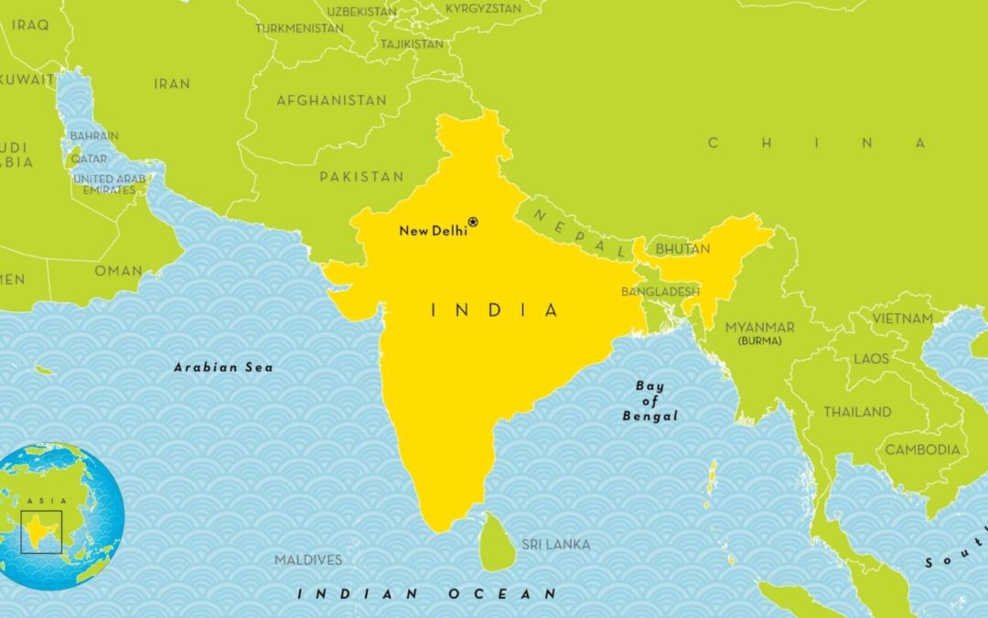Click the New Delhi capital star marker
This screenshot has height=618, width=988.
(x=473, y=222)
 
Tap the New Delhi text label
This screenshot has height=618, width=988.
(x=433, y=231)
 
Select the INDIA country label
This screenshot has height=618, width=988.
(x=494, y=310)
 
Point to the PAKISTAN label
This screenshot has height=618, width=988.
(x=361, y=176)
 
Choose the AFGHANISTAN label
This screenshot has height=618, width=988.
(x=331, y=100)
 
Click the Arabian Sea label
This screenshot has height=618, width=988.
(x=223, y=367)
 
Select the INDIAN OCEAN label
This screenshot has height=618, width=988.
(x=426, y=593)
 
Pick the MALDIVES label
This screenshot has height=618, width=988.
(x=308, y=559)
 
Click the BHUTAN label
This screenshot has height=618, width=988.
(x=682, y=249)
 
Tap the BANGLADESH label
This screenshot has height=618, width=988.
(x=660, y=292)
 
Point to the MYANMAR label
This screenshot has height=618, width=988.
(x=759, y=327)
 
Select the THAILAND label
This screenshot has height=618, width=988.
(x=857, y=412)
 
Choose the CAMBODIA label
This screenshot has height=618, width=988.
(x=922, y=450)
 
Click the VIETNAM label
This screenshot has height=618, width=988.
(x=902, y=319)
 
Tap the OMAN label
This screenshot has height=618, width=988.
(x=119, y=270)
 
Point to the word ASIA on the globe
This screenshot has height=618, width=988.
(x=38, y=501)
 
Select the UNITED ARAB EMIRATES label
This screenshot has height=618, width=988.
(x=109, y=184)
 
